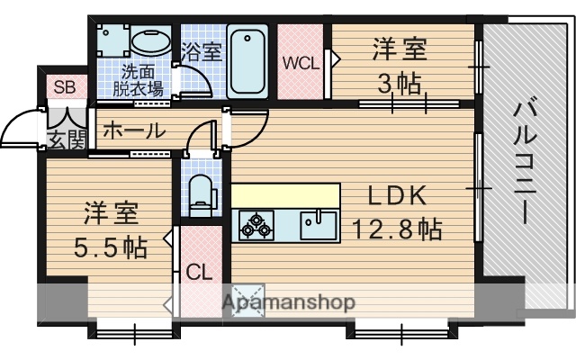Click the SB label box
(63, 87)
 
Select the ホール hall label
(133, 130)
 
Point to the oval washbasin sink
(151, 41)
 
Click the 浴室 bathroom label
(201, 51)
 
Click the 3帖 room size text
(399, 84)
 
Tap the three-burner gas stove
(256, 225)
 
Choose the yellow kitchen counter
(286, 195)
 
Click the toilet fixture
(200, 192)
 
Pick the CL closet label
(199, 271)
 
